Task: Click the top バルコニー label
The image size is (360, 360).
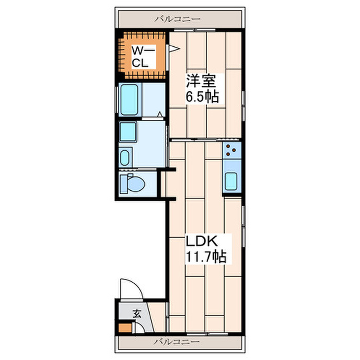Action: (177, 19)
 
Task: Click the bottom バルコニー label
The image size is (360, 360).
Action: (176, 342)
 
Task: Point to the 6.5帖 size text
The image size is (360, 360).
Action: (202, 97)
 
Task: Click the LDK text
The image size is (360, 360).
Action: (202, 241)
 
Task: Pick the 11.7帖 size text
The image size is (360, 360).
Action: (206, 257)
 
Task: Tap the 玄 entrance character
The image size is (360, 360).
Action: (137, 314)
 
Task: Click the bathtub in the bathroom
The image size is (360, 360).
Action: (130, 100)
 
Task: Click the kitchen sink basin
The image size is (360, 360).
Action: (231, 182)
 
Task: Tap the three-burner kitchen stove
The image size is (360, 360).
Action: (232, 150)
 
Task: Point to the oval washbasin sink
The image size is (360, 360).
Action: (124, 158)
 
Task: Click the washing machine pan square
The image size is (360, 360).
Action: (128, 132)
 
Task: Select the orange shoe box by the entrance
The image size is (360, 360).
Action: (125, 328)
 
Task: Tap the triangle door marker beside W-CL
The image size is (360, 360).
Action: (174, 48)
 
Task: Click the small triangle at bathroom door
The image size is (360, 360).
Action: (160, 114)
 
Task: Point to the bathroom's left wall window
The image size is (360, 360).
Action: (116, 100)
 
